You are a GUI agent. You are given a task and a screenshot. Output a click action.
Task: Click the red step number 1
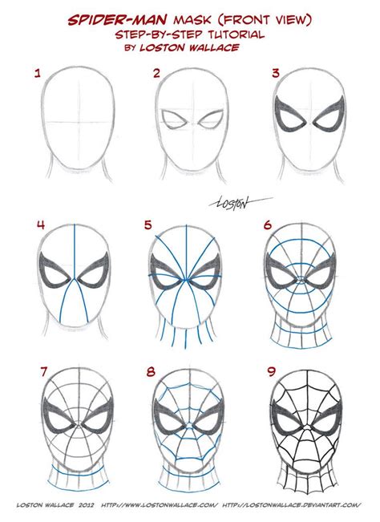point(37,75)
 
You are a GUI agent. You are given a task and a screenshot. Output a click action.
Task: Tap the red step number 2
point(157,75)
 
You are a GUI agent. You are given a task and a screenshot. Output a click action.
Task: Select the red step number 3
point(275,75)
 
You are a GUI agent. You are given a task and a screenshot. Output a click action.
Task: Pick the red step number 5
point(148,226)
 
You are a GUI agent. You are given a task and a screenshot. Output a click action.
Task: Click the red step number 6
point(268,226)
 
